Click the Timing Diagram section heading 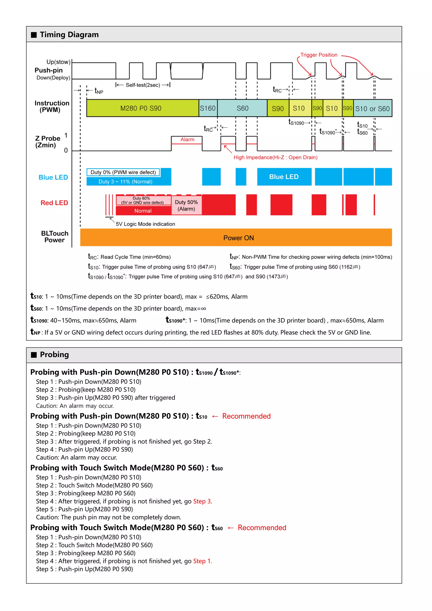coord(69,35)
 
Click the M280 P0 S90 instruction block coord(141,108)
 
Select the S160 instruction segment coord(208,108)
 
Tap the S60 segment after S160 coord(242,108)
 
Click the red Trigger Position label coord(319,55)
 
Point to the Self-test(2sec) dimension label coord(143,85)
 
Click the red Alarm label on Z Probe coord(187,139)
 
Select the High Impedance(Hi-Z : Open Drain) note coord(275,157)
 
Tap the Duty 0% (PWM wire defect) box coord(123,172)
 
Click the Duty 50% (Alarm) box coord(186,205)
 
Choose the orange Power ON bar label coord(238,238)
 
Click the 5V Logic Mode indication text coord(145,224)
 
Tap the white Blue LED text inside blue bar coord(284,177)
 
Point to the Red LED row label coord(54,203)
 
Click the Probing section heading coord(54,354)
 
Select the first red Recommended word coord(246,416)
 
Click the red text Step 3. coord(202,501)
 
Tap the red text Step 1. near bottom coord(202,561)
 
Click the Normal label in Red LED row coord(143,211)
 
